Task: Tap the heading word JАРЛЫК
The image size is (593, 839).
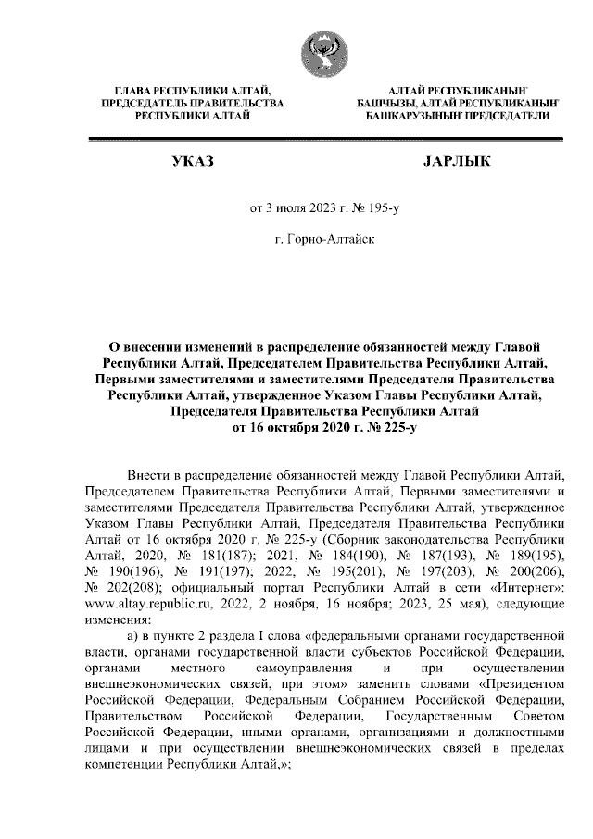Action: coord(455,162)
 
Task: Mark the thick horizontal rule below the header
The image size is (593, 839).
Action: coord(324,139)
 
